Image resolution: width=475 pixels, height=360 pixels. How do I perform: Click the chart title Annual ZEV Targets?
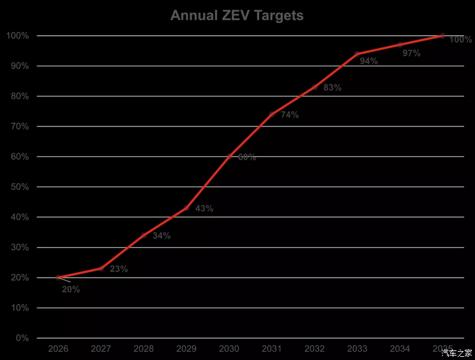point(237,15)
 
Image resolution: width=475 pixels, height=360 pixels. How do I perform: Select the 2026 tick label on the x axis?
point(58,349)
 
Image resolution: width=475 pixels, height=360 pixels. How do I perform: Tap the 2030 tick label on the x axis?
point(229,349)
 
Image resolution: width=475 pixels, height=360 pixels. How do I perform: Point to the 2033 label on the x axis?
point(357,349)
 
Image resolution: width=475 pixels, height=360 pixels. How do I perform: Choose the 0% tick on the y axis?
point(22,338)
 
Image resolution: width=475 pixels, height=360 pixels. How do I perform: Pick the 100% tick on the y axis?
point(17,36)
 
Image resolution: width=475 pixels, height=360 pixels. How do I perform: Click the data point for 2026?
point(58,278)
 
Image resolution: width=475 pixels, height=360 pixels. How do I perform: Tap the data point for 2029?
point(186,208)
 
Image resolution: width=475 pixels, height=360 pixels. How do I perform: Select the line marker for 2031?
point(272,114)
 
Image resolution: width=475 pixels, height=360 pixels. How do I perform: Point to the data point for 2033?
point(357,54)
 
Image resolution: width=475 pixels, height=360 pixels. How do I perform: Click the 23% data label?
point(119,269)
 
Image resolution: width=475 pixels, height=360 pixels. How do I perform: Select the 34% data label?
point(162,236)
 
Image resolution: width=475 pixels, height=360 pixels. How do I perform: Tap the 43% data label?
point(204,209)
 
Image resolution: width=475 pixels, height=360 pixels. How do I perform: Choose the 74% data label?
point(290,115)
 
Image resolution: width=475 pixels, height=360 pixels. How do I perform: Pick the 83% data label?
point(333,88)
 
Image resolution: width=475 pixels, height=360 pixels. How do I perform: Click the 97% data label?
point(412,54)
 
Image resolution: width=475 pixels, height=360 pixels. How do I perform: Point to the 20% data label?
point(71,289)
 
